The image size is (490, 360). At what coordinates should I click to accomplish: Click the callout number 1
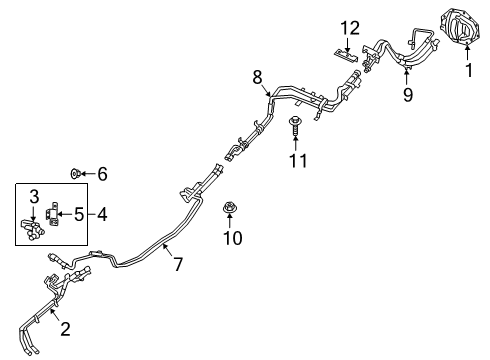[x=467, y=71]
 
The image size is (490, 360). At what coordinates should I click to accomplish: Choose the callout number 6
[x=102, y=174]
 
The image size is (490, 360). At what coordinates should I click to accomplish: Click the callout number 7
[x=178, y=266]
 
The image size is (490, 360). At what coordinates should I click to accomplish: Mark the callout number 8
[x=257, y=75]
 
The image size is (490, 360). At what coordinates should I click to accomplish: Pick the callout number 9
[x=406, y=96]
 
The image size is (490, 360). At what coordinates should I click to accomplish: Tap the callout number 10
[x=231, y=239]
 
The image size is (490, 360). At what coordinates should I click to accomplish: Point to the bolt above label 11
[x=294, y=127]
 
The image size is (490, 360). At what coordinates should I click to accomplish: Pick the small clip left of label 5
[x=52, y=212]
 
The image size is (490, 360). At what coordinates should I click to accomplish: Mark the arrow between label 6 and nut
[x=89, y=174]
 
